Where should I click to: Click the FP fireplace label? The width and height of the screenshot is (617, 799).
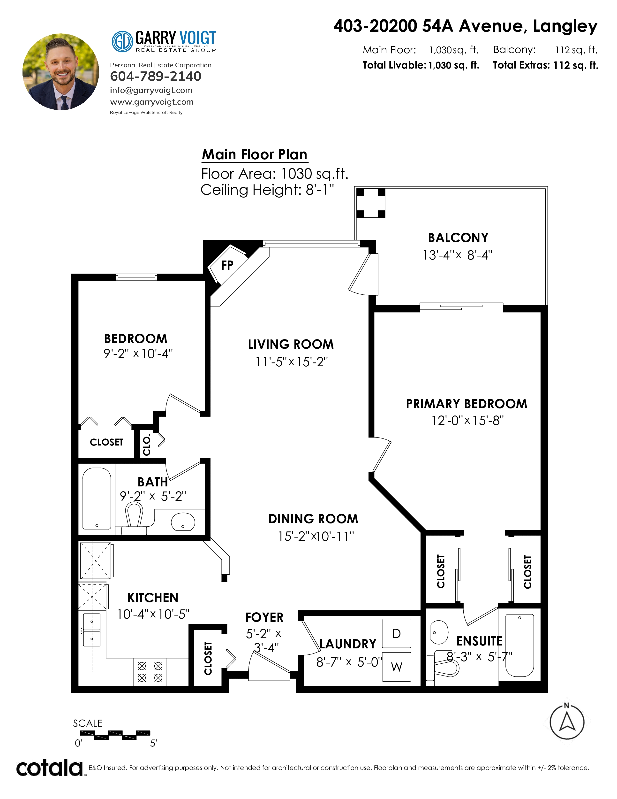(227, 265)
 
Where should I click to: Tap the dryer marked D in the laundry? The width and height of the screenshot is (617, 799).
(397, 633)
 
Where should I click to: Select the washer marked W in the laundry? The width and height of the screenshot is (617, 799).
(397, 667)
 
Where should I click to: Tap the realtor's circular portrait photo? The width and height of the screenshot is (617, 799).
(61, 72)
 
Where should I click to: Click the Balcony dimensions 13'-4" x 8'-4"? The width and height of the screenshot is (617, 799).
(458, 255)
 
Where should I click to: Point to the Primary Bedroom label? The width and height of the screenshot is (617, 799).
(467, 404)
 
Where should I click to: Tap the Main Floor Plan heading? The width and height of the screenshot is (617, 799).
(255, 154)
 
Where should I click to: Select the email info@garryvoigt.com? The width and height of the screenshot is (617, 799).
(151, 90)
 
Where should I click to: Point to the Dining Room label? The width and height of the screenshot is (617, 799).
(313, 519)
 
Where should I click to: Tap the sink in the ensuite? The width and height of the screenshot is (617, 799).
(439, 632)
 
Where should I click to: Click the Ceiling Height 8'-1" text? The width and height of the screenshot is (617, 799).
(267, 190)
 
